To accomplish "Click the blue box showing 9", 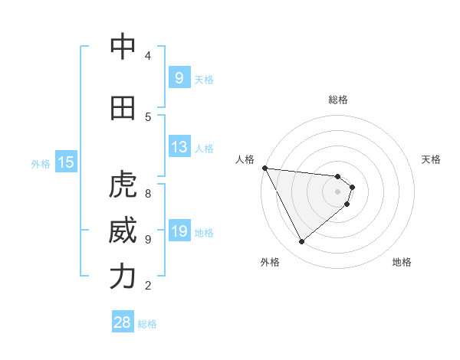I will click(179, 77).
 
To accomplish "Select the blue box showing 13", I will click(179, 147).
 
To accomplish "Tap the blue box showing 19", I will click(179, 231).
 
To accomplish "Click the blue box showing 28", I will click(123, 322).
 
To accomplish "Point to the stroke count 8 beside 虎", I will click(147, 185).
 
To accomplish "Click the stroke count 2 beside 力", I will click(147, 286).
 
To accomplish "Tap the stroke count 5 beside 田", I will click(147, 116).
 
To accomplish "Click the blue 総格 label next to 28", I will click(147, 324).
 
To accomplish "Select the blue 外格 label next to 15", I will click(41, 163).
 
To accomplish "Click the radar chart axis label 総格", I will click(337, 100).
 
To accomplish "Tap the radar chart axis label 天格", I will click(431, 159).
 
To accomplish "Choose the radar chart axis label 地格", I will click(402, 262).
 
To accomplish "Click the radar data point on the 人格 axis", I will click(264, 168).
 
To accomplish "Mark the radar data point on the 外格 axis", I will click(301, 241).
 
